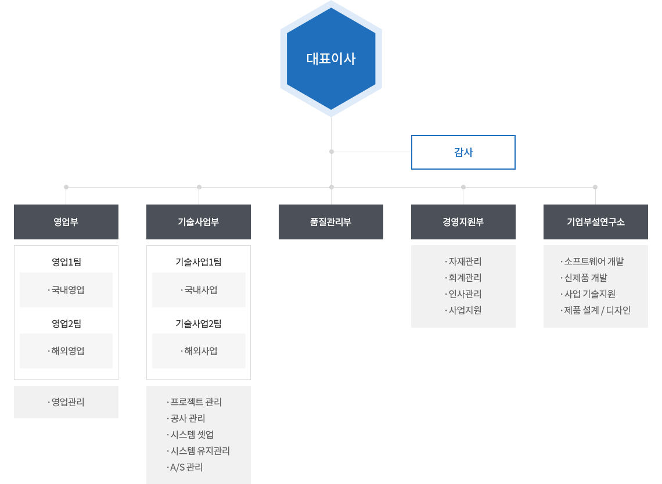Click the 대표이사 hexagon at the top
(x=331, y=59)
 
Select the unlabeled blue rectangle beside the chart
(x=463, y=152)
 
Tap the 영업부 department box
(x=66, y=222)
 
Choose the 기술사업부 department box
(x=199, y=222)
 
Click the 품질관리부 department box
(x=331, y=222)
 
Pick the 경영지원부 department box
(x=463, y=222)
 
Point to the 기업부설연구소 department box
(x=596, y=222)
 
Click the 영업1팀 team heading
(x=66, y=262)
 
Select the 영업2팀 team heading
(x=66, y=324)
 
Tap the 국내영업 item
(x=66, y=290)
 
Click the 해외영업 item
(x=66, y=351)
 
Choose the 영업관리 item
(x=66, y=402)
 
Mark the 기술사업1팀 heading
(x=199, y=262)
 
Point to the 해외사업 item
(x=199, y=351)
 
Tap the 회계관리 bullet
(x=463, y=278)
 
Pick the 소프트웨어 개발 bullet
(x=592, y=261)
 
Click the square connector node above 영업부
(x=66, y=187)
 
